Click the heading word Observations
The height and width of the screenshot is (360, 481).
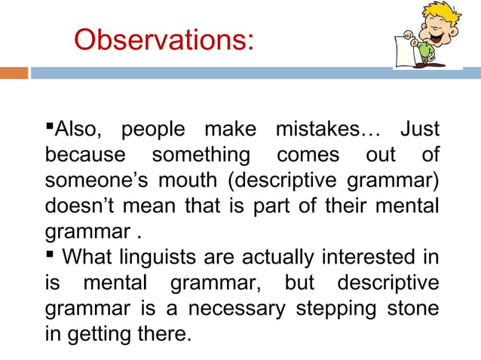163,39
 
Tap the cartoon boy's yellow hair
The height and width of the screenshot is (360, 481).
434,11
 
